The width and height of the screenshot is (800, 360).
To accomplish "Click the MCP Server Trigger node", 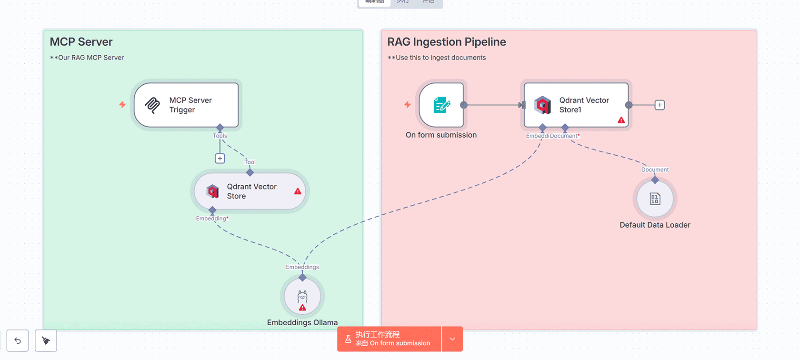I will point(186,105).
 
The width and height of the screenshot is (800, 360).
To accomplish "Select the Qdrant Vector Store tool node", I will point(250,191).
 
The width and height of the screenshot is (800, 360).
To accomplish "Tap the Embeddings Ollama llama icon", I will point(302,296).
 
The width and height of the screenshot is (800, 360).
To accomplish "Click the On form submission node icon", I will point(441,105).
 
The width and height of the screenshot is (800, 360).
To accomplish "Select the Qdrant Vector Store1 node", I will point(576,105).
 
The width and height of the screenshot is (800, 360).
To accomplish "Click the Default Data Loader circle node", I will point(655,199).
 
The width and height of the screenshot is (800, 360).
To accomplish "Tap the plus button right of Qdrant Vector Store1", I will point(660,105).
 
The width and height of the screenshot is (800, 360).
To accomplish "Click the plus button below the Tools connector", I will point(220,158).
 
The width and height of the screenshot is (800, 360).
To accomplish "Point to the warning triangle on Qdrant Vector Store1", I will point(621,120).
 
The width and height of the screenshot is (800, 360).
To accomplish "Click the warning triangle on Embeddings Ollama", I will point(302,308).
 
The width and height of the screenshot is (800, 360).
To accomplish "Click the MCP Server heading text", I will point(81,42).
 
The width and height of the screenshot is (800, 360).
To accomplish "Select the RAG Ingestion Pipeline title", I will point(447,42).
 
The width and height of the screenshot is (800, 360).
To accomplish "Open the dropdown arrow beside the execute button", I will point(452,339).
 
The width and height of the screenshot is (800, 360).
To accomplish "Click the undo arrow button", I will point(18,340).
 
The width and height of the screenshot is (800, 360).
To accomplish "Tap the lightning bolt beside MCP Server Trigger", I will point(122,104).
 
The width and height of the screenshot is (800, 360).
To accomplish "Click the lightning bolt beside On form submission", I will point(408,104).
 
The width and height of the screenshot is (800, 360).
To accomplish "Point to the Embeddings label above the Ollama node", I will point(302,267).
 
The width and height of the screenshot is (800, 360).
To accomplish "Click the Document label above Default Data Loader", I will point(655,170).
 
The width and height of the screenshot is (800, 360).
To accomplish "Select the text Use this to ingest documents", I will point(440,58).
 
